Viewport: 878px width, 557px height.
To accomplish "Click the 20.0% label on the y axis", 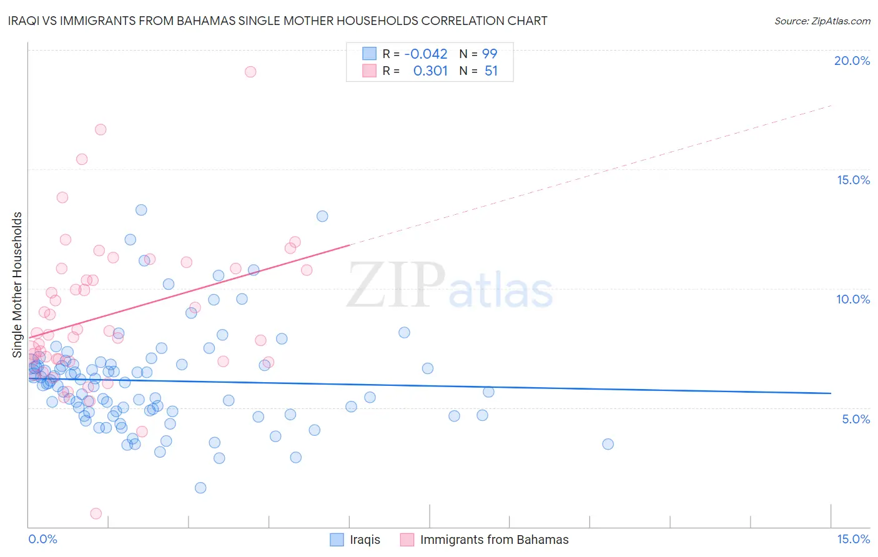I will click(852, 61).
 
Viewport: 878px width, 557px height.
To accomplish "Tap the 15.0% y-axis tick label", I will click(853, 180).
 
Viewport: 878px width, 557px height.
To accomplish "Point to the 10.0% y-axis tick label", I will click(853, 299).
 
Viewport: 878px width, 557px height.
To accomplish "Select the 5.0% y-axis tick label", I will click(856, 419).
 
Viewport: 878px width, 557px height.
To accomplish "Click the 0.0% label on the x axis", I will click(42, 539).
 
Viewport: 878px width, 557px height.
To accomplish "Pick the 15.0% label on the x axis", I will click(853, 539).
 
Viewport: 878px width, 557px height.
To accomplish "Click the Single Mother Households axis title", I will click(17, 285).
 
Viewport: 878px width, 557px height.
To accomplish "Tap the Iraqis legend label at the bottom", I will click(365, 540).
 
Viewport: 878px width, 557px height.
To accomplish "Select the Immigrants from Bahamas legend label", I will click(494, 540).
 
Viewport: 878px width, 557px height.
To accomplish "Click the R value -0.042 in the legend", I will click(426, 54).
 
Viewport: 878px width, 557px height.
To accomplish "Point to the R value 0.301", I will click(430, 71).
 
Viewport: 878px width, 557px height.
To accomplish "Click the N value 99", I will click(490, 54).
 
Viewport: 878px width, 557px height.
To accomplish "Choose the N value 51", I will click(491, 71).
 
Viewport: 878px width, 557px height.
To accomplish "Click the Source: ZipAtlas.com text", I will click(822, 21).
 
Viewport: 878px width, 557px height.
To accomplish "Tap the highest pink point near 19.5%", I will click(250, 72).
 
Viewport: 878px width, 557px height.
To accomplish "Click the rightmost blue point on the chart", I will click(608, 444).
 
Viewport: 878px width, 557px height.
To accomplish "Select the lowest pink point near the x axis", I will click(96, 513).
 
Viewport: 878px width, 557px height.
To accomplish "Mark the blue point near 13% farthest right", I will click(322, 216).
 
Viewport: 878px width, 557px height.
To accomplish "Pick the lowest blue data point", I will click(200, 488).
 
